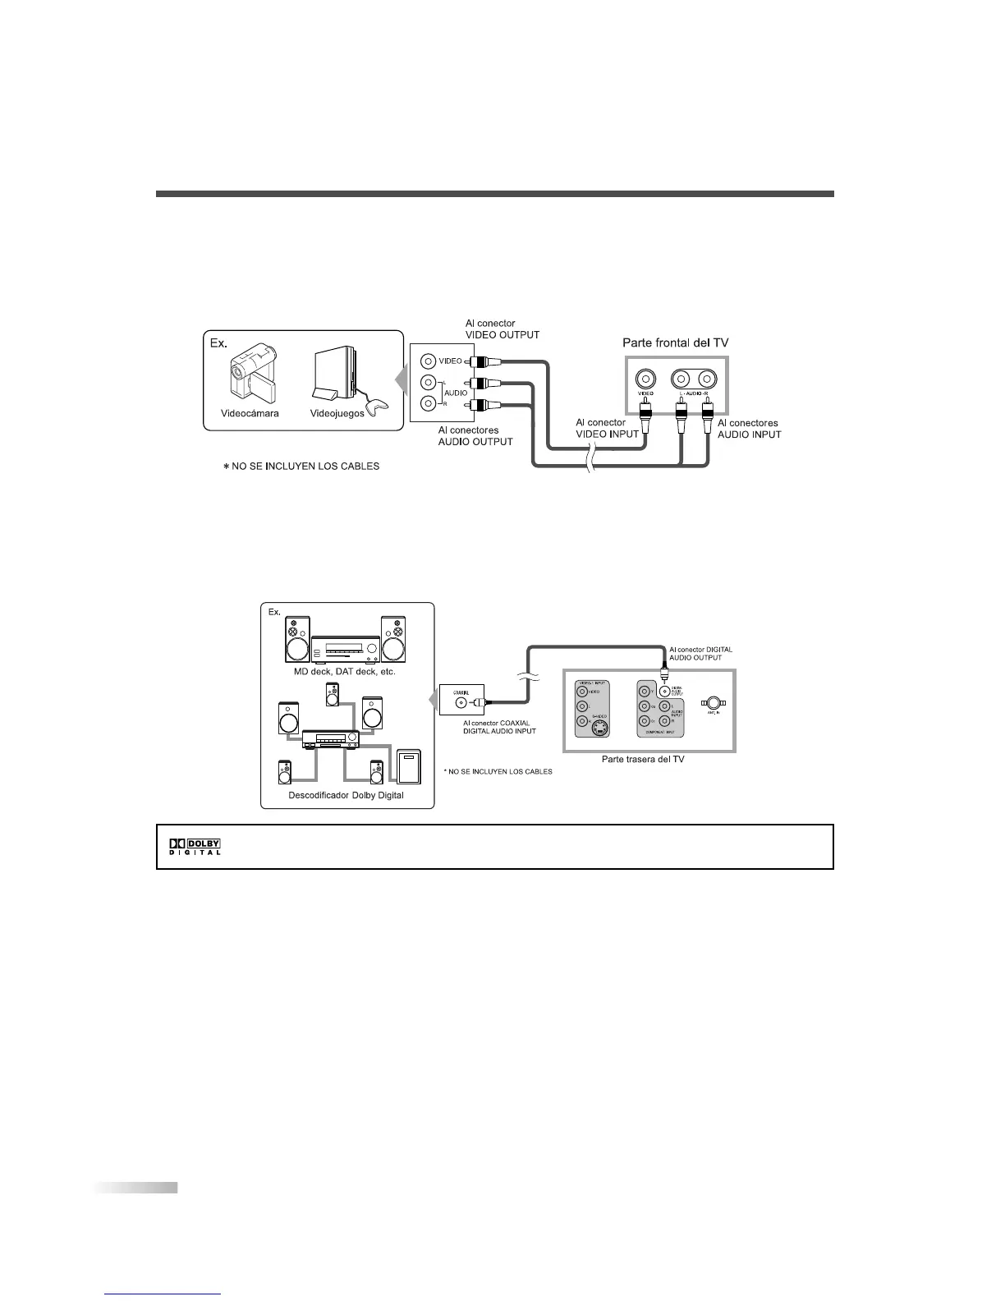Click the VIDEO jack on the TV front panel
click(645, 379)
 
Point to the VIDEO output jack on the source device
click(428, 361)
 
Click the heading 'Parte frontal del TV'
click(675, 342)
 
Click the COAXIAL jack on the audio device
click(460, 703)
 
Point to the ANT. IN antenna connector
click(714, 703)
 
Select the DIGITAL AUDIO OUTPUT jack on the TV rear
click(664, 691)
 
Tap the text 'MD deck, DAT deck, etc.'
click(345, 671)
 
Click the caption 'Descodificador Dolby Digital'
click(346, 795)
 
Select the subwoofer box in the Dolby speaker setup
click(409, 767)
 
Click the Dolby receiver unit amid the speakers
click(331, 740)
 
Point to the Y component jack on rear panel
click(645, 691)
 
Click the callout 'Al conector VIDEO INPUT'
click(607, 428)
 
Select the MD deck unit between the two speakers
click(345, 650)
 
